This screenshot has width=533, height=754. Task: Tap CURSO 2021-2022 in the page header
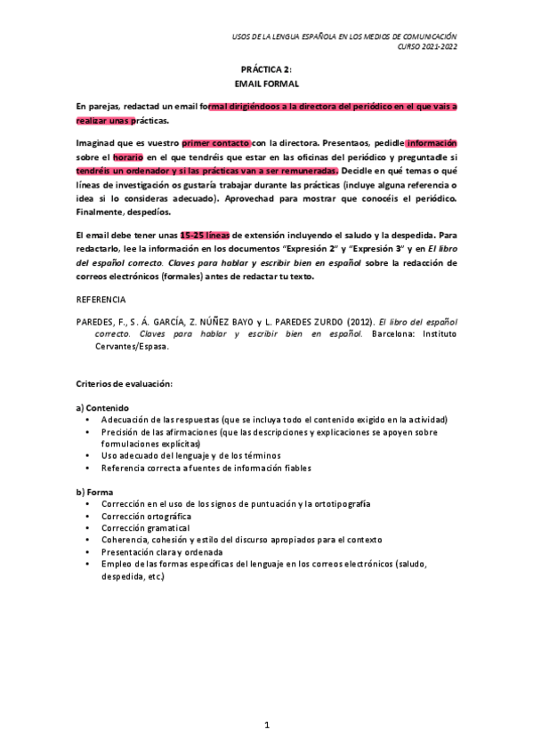coord(426,46)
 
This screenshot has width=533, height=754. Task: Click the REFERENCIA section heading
coord(101,300)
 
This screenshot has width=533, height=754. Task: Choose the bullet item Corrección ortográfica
coord(146,516)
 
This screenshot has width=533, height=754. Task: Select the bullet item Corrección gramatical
coord(145,527)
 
